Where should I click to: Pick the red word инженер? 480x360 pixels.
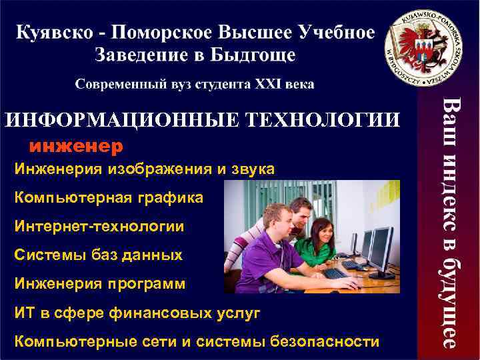[x=75, y=144]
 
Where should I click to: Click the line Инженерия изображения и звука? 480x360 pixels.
[x=144, y=170]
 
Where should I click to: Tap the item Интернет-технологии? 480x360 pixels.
[x=99, y=227]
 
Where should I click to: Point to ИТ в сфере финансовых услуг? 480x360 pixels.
[x=137, y=313]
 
